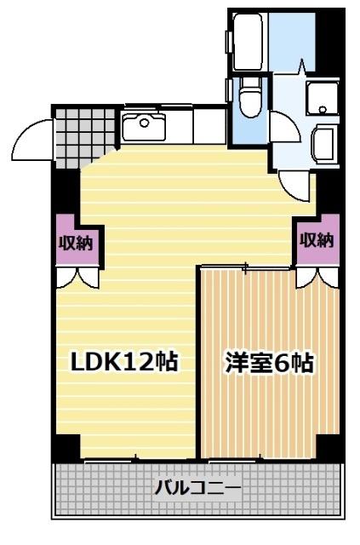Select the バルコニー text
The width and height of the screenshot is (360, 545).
pyautogui.click(x=197, y=488)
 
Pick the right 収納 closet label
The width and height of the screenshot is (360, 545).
pyautogui.click(x=316, y=239)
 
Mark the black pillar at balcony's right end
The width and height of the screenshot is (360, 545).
pyautogui.click(x=328, y=445)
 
